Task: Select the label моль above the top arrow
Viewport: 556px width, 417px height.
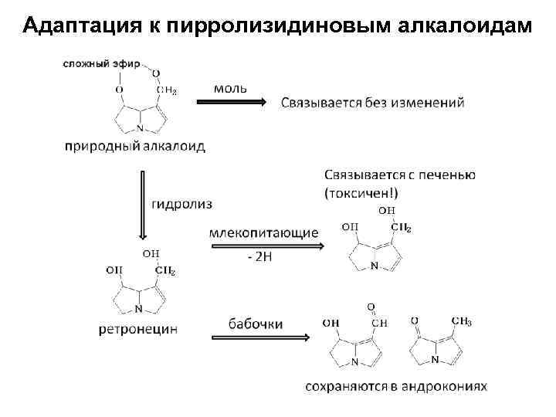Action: pos(231,87)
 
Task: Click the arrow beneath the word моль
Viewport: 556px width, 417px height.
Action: pos(239,102)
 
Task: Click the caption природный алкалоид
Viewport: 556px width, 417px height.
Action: pos(135,147)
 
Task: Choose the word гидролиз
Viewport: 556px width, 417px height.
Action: pos(181,204)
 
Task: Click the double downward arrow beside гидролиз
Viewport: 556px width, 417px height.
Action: pos(142,204)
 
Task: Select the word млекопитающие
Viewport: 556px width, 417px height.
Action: pos(264,232)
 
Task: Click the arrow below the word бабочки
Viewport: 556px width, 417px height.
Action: pos(259,337)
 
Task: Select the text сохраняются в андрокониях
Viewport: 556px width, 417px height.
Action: pos(396,385)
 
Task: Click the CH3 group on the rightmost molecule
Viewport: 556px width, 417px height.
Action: pos(461,321)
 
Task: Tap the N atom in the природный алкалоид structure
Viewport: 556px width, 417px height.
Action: pos(140,128)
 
